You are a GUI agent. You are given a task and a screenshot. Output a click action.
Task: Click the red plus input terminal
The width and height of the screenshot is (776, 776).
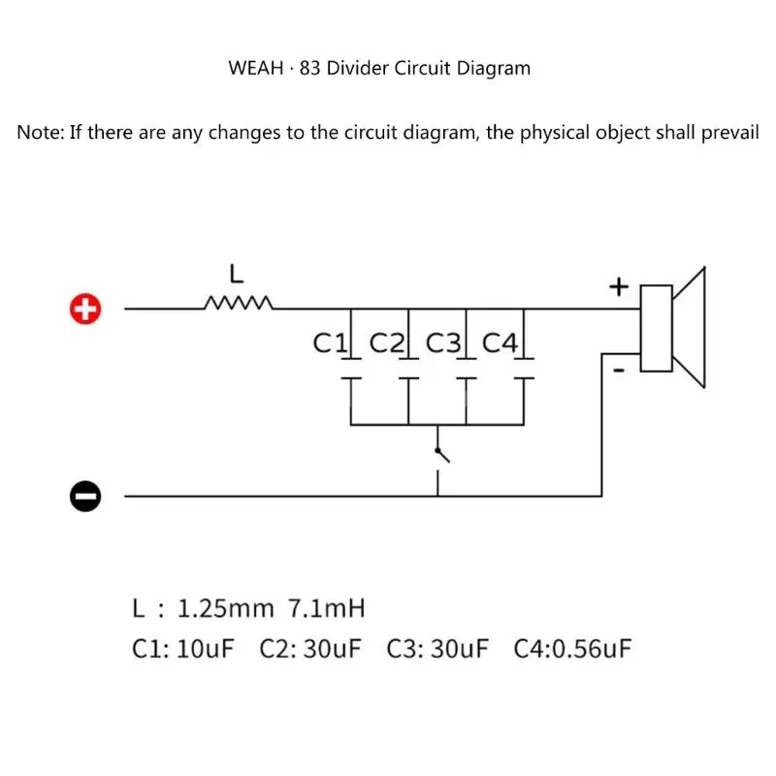85,309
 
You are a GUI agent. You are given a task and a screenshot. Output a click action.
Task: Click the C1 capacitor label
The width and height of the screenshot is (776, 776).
330,342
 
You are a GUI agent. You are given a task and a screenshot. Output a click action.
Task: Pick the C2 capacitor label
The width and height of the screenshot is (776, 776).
388,342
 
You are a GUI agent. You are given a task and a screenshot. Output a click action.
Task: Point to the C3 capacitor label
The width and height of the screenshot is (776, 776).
445,342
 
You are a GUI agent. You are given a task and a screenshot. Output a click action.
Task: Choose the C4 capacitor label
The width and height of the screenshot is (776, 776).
502,342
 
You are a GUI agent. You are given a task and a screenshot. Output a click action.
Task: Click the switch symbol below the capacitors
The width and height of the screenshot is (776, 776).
441,454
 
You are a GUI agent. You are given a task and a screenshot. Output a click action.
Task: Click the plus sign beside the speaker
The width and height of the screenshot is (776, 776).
619,287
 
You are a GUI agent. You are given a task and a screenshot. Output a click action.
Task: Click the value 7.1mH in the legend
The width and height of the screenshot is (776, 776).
327,609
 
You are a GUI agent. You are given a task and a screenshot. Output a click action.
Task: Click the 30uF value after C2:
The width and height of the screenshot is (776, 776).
331,648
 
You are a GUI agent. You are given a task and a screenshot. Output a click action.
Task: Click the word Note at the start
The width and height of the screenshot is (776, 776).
40,133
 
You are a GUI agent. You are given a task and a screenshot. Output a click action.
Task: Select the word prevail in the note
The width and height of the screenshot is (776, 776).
725,133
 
